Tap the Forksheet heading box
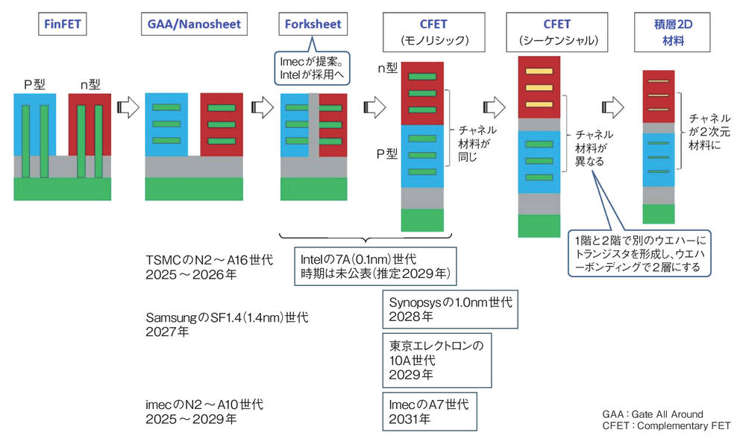[313, 24]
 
